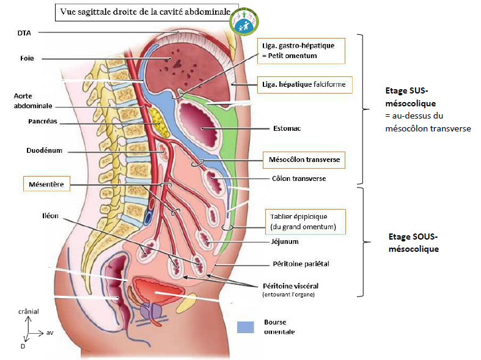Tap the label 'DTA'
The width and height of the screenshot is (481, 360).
click(24, 33)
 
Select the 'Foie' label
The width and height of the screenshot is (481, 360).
click(26, 59)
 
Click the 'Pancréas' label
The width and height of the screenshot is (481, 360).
click(43, 121)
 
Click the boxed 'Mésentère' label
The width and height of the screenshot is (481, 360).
click(46, 182)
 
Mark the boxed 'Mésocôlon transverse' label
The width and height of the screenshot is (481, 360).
click(304, 160)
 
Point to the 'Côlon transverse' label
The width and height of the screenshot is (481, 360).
click(298, 179)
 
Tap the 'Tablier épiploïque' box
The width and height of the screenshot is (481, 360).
click(303, 222)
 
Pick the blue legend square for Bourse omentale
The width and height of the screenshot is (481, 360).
click(245, 327)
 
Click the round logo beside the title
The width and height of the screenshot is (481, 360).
click(245, 21)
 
